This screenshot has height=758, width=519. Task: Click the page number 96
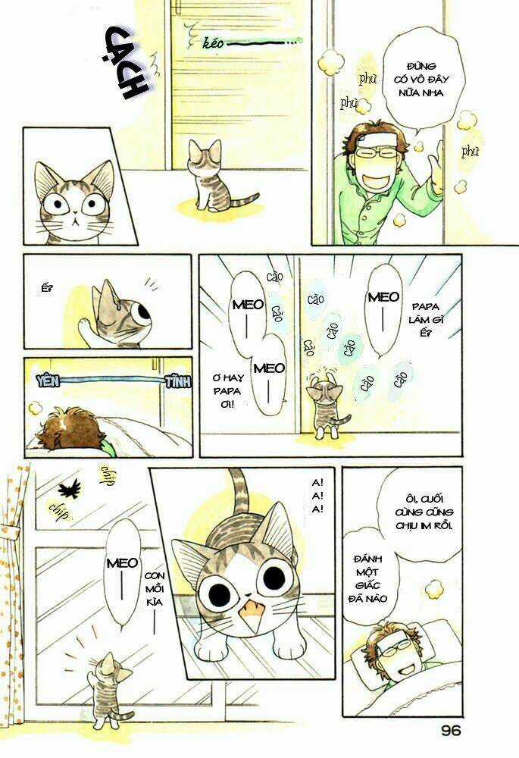pos(449,731)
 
